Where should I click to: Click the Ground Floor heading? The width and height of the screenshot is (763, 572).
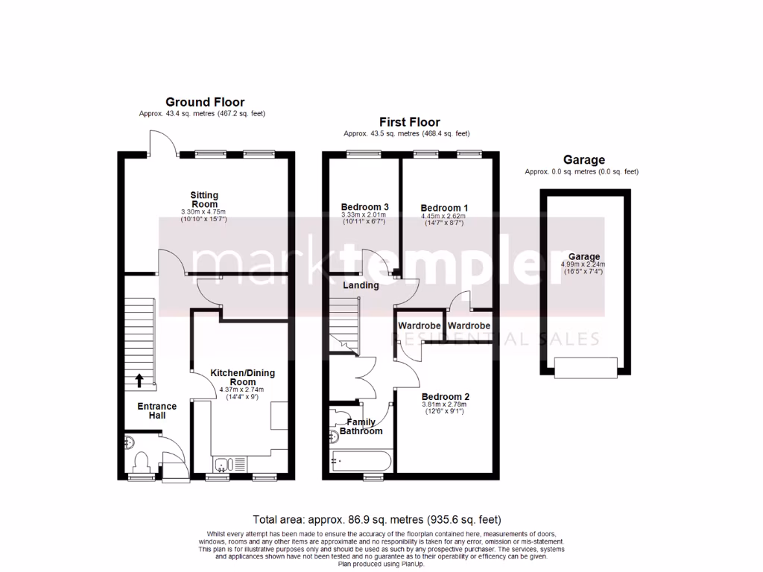coord(205,102)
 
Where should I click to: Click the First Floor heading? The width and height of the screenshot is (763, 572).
coord(409,122)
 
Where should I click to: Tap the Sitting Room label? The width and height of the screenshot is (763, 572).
coord(205,200)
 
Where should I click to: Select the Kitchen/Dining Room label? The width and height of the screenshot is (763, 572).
coord(233,377)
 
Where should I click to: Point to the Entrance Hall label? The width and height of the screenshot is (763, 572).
coord(156,410)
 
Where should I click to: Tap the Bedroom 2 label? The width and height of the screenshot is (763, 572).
coord(446,396)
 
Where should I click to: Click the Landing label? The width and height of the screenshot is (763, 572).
coord(361,285)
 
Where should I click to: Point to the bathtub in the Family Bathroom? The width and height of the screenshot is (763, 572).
coord(358,462)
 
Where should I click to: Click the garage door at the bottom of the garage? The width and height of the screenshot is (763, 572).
coord(584,366)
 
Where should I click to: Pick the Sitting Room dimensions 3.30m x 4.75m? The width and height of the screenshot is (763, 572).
coord(204,212)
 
